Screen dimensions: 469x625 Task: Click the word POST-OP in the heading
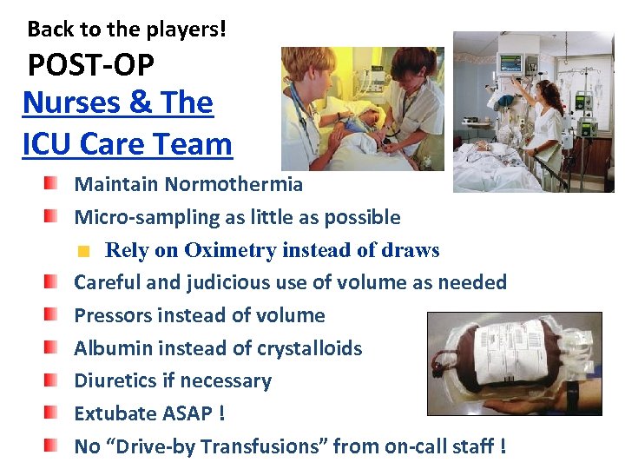[91, 64]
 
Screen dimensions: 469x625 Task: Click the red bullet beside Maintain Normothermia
[54, 183]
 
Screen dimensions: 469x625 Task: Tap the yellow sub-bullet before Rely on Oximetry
[83, 252]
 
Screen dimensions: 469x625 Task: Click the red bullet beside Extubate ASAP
[54, 413]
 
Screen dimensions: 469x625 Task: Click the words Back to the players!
[127, 29]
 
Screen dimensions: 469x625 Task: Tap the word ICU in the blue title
[52, 143]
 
